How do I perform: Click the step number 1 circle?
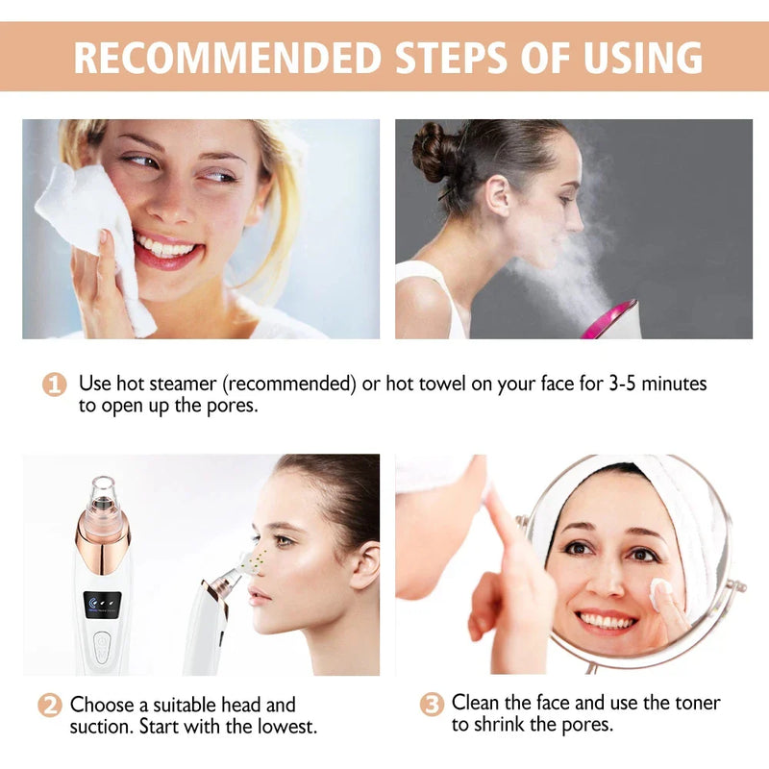tap(54, 384)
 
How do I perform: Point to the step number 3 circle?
tap(432, 704)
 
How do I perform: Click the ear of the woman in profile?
tap(361, 564)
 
